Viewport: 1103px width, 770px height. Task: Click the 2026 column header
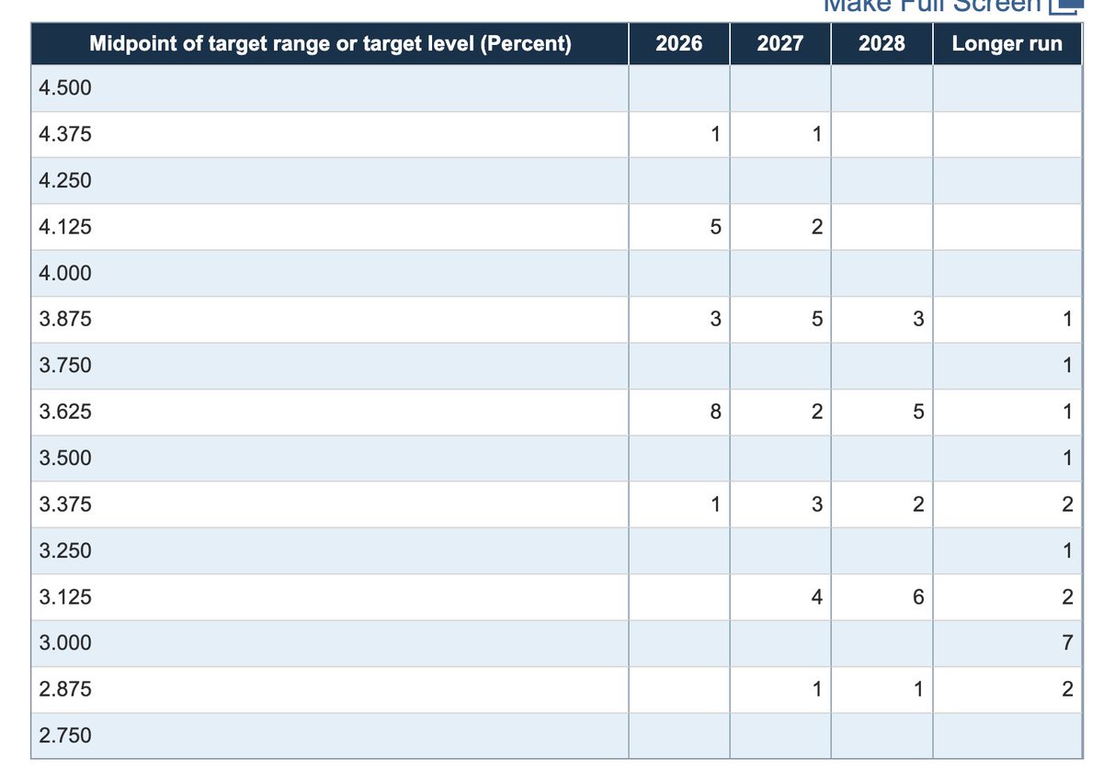pyautogui.click(x=678, y=43)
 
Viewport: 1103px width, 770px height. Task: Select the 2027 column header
pyautogui.click(x=780, y=43)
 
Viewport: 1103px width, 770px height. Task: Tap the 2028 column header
pyautogui.click(x=881, y=43)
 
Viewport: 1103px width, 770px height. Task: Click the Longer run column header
pyautogui.click(x=1007, y=43)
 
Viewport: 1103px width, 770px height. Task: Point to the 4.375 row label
pyautogui.click(x=65, y=134)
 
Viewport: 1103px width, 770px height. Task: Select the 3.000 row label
pyautogui.click(x=65, y=642)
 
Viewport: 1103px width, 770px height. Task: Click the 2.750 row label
pyautogui.click(x=65, y=735)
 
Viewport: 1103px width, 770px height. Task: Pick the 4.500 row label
pyautogui.click(x=65, y=87)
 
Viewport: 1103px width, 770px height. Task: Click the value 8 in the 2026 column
pyautogui.click(x=715, y=411)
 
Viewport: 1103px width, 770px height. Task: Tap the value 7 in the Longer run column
pyautogui.click(x=1067, y=642)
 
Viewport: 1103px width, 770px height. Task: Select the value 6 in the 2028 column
pyautogui.click(x=918, y=596)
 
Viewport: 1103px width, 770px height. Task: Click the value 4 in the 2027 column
pyautogui.click(x=817, y=596)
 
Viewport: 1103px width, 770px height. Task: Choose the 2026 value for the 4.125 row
pyautogui.click(x=715, y=226)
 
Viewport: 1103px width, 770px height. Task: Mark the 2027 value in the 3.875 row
pyautogui.click(x=817, y=319)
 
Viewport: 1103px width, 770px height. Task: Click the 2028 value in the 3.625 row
pyautogui.click(x=918, y=411)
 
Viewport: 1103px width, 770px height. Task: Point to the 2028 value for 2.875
pyautogui.click(x=918, y=689)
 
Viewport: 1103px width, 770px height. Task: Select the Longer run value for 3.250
pyautogui.click(x=1067, y=549)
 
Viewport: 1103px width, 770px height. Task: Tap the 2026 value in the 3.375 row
pyautogui.click(x=715, y=504)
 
